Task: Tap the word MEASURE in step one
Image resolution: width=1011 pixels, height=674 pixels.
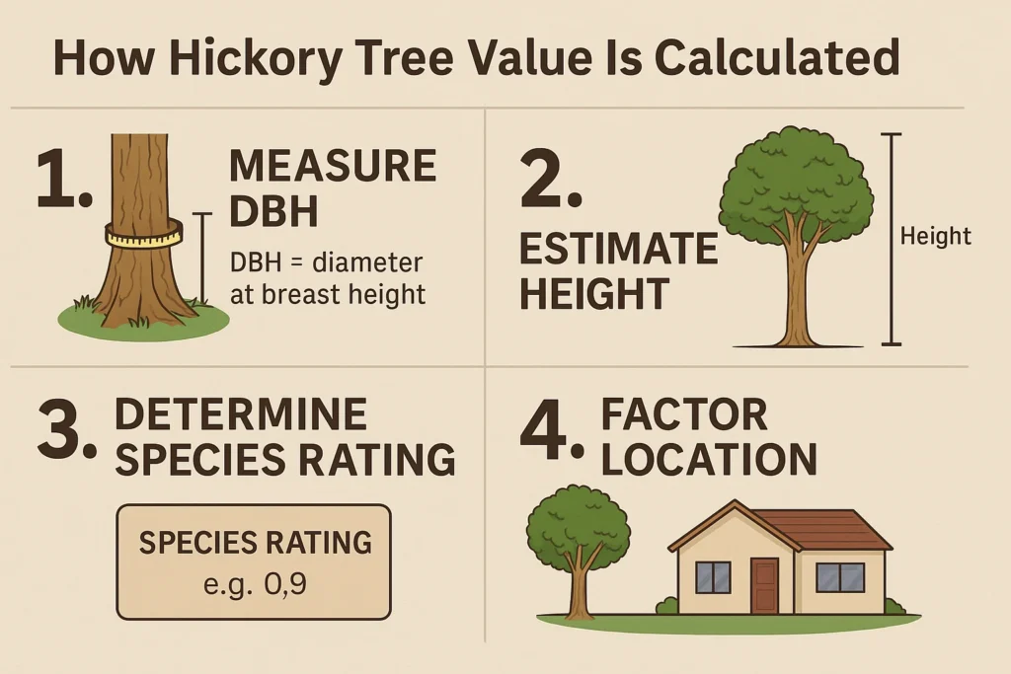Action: (333, 166)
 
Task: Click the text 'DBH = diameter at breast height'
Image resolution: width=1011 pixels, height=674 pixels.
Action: (328, 278)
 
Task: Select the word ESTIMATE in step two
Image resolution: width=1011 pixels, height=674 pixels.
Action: (618, 249)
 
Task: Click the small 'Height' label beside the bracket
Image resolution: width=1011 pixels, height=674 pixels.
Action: (936, 236)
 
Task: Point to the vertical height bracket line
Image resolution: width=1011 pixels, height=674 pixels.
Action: (892, 240)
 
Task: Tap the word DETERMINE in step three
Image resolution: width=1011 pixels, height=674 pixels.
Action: (241, 414)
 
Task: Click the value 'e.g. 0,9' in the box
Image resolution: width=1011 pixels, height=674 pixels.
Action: (255, 585)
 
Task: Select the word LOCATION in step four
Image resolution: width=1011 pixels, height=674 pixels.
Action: (709, 460)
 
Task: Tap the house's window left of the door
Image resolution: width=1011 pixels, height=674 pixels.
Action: (713, 576)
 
